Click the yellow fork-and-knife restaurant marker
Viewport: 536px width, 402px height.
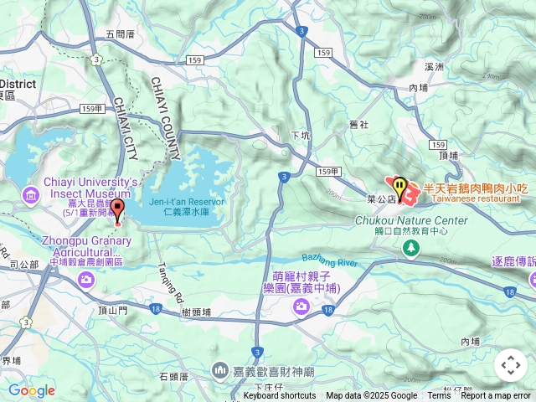[400, 186]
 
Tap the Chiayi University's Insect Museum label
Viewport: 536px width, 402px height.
[80, 188]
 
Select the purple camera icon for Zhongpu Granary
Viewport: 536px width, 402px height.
[87, 280]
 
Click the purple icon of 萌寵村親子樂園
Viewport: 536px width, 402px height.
[301, 308]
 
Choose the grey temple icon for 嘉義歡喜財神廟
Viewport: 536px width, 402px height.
[220, 368]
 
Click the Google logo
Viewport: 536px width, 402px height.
[31, 390]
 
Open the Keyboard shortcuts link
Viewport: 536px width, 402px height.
[280, 396]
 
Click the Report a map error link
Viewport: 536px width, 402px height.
[496, 396]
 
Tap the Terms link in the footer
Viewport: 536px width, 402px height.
[439, 396]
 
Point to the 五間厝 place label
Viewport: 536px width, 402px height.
[120, 34]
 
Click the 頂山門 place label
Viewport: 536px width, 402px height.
[113, 310]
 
